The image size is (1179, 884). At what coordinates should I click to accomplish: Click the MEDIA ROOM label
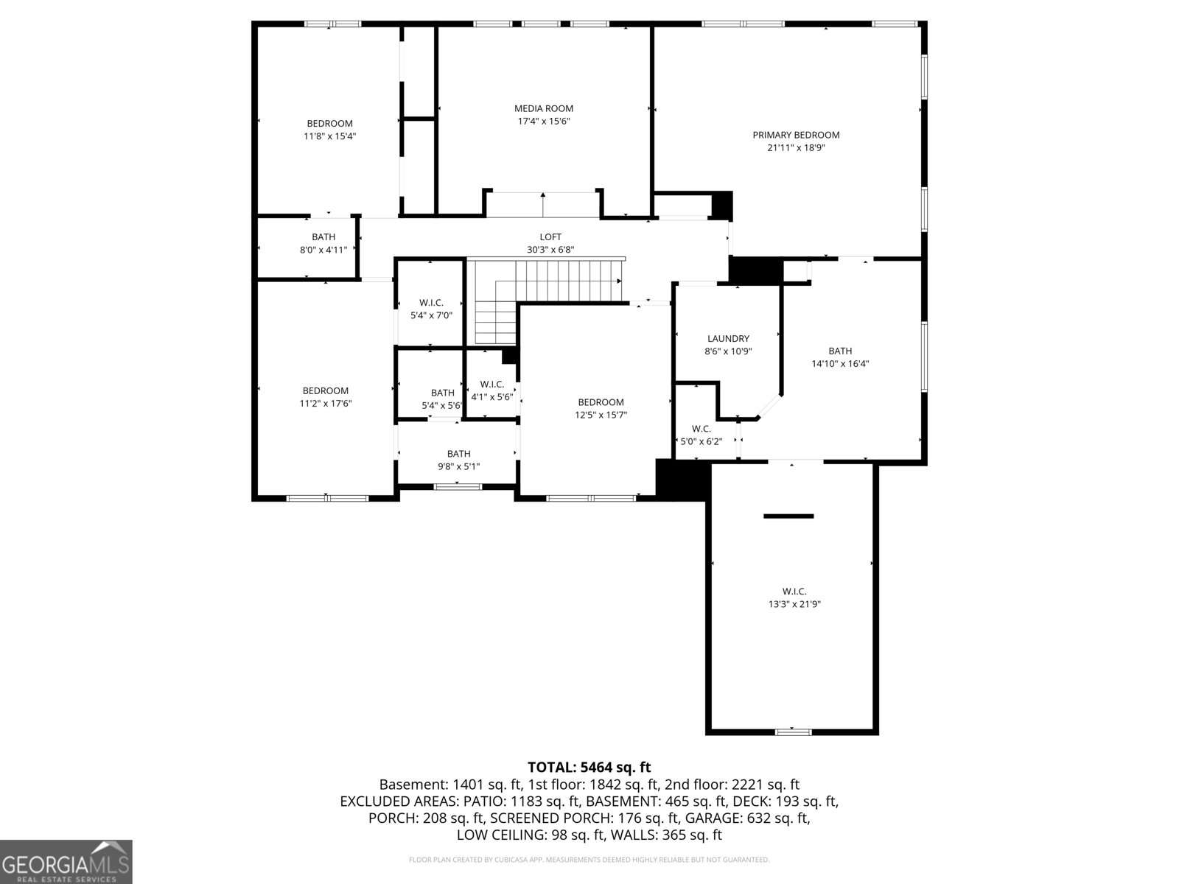click(544, 109)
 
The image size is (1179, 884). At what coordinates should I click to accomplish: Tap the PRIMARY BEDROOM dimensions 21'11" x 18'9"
click(796, 147)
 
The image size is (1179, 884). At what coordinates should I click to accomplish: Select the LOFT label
click(550, 237)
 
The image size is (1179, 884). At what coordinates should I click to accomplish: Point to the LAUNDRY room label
click(728, 339)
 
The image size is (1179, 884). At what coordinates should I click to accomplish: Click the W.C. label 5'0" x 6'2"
click(701, 435)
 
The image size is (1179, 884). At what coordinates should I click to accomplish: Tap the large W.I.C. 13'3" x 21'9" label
click(794, 597)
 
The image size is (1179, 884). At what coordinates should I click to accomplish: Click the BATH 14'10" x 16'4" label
click(840, 357)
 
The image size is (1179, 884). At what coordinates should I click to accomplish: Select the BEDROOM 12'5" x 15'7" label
click(601, 408)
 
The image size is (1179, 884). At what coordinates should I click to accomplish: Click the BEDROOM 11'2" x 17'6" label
click(325, 397)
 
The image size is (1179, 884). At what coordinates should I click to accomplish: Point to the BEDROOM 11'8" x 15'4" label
click(329, 130)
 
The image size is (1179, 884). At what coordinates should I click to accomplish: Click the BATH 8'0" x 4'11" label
click(323, 243)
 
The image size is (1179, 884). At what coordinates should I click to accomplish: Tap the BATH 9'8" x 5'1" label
click(458, 460)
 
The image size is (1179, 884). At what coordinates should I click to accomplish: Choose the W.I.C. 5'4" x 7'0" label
click(431, 309)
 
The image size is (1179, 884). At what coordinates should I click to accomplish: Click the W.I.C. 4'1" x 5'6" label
click(491, 390)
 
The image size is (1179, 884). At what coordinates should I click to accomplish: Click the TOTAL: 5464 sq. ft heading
click(589, 768)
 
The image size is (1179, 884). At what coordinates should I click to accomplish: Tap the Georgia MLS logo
click(66, 863)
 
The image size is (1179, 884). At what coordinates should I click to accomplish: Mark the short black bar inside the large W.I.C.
click(788, 516)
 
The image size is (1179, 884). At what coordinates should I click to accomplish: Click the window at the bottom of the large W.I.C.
click(794, 732)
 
